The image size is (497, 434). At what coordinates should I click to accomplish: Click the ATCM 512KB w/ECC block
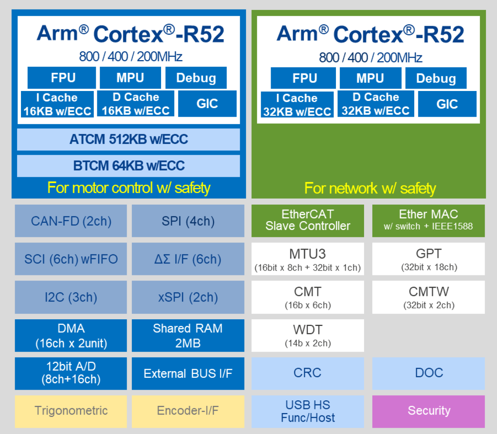click(x=128, y=139)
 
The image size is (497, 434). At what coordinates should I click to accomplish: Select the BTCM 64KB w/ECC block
click(x=128, y=165)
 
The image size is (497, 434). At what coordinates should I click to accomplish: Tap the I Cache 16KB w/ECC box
click(x=57, y=104)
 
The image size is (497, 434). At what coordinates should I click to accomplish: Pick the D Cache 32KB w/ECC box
click(x=376, y=104)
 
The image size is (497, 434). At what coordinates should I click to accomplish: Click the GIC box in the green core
click(x=447, y=104)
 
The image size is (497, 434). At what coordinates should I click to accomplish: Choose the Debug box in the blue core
click(x=196, y=78)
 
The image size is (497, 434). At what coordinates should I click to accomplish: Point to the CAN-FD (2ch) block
click(x=71, y=221)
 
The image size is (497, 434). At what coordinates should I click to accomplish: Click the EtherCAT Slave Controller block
click(x=307, y=220)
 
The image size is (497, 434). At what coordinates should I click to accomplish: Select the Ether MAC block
click(x=428, y=220)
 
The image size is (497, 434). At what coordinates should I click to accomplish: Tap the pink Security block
click(x=428, y=411)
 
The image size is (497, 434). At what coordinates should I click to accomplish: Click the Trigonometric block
click(x=71, y=411)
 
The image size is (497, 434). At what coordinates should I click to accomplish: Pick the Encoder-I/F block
click(x=188, y=411)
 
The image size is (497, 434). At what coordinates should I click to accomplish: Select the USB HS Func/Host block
click(x=307, y=411)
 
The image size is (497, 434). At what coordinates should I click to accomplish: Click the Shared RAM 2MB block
click(x=188, y=335)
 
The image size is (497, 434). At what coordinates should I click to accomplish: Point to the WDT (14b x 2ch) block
click(x=307, y=335)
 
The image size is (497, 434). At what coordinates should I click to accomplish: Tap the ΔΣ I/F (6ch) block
click(x=188, y=259)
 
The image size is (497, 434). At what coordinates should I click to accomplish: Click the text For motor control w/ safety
click(x=129, y=188)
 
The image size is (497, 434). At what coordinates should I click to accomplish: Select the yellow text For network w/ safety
click(x=370, y=188)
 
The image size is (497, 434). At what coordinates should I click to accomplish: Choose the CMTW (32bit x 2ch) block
click(x=428, y=297)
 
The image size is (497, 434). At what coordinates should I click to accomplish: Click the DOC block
click(x=428, y=373)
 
